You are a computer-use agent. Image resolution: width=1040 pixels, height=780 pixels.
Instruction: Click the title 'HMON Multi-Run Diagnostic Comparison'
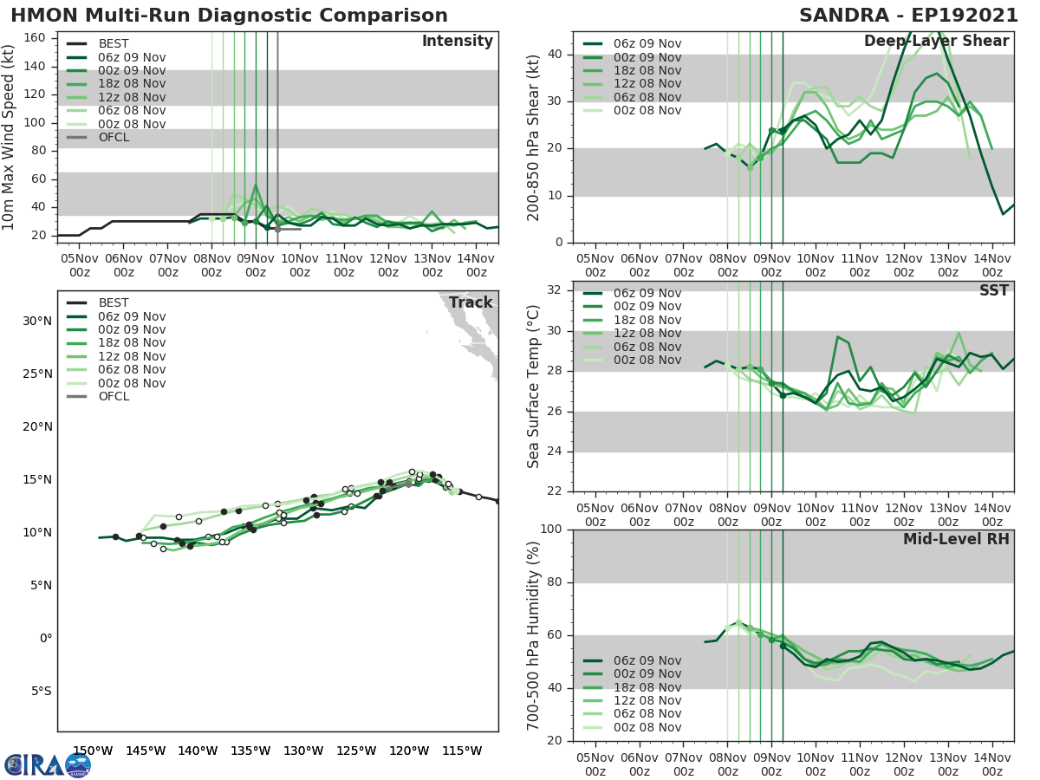[229, 16]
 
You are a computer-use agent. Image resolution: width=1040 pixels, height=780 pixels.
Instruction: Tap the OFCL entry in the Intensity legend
[114, 137]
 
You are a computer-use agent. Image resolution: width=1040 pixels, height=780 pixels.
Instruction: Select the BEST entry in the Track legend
[114, 302]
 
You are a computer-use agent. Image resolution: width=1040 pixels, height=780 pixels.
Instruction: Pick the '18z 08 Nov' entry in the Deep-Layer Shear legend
[647, 70]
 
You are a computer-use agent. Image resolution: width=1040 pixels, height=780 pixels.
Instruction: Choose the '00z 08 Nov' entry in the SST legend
[647, 360]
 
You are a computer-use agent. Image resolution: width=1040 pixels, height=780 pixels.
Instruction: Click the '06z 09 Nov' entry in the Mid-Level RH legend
[647, 660]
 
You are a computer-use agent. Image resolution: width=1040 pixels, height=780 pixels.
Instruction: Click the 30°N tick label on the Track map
[36, 321]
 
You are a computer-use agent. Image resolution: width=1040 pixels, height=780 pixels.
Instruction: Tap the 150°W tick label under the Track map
[93, 750]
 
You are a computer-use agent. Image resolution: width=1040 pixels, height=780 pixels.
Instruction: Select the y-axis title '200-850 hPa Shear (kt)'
[534, 137]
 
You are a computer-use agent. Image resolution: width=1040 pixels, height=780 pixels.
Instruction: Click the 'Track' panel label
[470, 302]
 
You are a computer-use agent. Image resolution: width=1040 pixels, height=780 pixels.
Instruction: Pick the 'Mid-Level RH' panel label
[956, 539]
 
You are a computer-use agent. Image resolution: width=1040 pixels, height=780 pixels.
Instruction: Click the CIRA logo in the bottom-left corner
[47, 764]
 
